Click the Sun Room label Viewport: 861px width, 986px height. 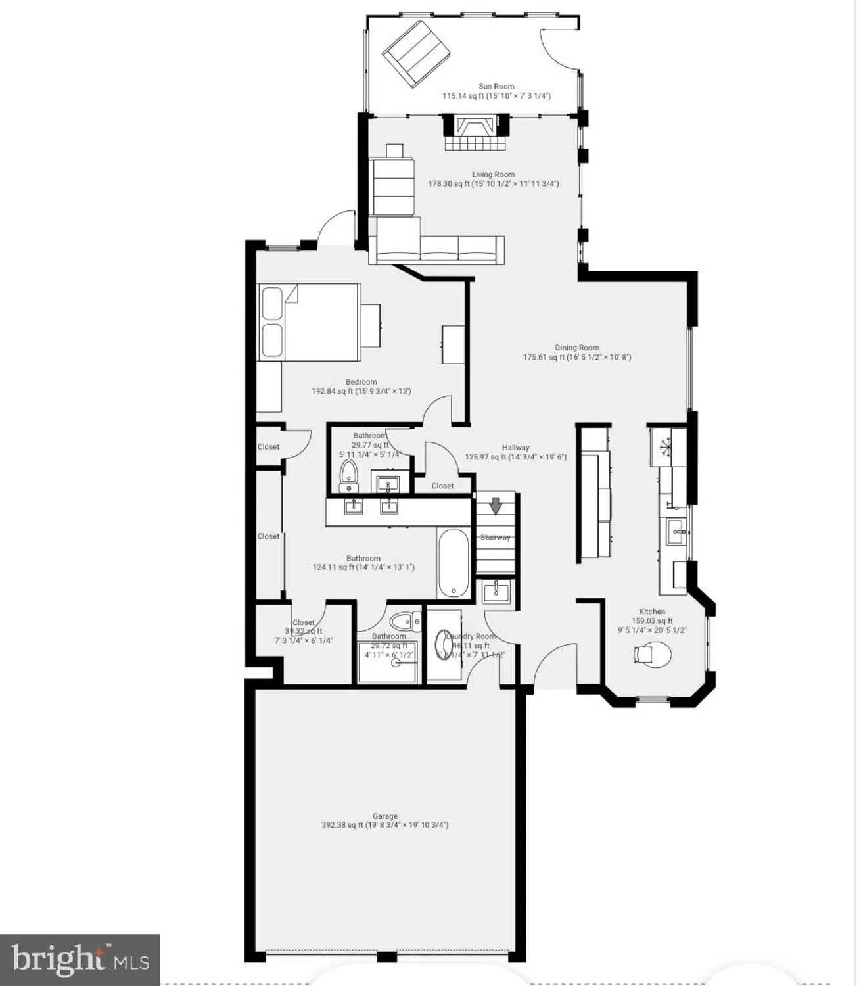click(496, 86)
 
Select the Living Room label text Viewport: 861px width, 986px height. click(493, 175)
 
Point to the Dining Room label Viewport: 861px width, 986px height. click(577, 348)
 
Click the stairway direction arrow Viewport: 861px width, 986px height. click(496, 505)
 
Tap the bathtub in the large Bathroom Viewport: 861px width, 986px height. click(453, 564)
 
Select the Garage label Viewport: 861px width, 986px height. click(385, 816)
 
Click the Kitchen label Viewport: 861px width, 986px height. click(652, 611)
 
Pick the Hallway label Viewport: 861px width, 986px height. click(516, 448)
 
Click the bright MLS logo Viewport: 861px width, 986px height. click(80, 960)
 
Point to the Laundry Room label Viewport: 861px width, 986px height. click(471, 636)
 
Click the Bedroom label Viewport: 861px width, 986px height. click(361, 382)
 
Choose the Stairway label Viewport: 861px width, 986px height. click(496, 537)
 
